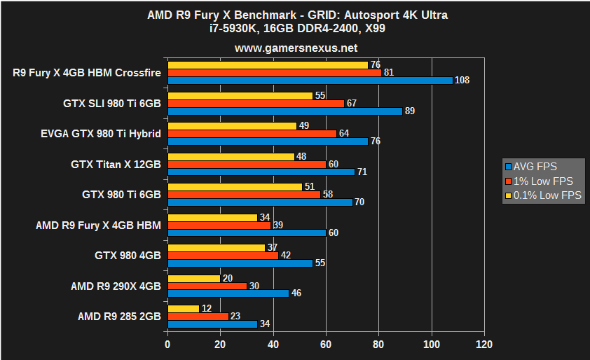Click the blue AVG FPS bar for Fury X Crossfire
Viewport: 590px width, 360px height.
(x=310, y=80)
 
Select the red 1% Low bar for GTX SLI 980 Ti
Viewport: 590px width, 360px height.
(x=256, y=103)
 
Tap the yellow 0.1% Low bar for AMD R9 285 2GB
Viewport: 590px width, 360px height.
(x=184, y=309)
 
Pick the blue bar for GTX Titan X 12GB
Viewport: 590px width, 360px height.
(x=261, y=172)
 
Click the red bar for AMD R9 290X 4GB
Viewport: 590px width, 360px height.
(x=207, y=286)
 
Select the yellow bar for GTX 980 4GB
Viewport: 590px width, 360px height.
(x=216, y=248)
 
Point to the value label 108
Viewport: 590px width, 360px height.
(x=462, y=81)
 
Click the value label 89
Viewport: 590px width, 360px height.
(x=410, y=111)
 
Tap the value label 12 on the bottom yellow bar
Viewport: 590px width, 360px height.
(x=207, y=309)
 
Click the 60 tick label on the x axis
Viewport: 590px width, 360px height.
(x=326, y=345)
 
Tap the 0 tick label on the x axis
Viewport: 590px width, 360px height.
(x=167, y=345)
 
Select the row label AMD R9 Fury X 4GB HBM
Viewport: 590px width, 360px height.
(x=98, y=225)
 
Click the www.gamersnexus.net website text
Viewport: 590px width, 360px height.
(x=296, y=48)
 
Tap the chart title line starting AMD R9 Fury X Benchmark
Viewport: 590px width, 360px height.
(x=296, y=15)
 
